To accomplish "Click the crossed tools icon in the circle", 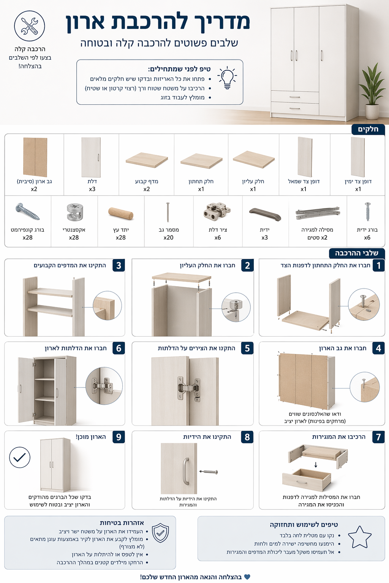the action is click(x=30, y=26).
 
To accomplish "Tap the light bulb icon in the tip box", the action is click(x=227, y=78).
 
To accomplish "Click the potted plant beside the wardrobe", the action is click(x=372, y=91).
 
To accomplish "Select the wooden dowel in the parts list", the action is click(x=121, y=213).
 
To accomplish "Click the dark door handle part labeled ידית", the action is click(x=265, y=214).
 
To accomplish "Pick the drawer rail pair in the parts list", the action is click(x=318, y=213).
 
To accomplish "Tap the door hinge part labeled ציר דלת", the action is click(x=217, y=211).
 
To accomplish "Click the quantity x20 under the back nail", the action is click(x=168, y=237).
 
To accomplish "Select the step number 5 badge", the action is click(x=247, y=348).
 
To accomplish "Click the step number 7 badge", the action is click(x=379, y=437).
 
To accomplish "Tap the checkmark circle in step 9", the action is click(x=20, y=457).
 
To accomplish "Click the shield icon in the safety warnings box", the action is click(x=160, y=533).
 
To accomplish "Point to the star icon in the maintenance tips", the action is click(x=359, y=537).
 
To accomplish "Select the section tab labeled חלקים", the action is click(x=368, y=129).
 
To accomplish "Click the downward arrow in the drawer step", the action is click(x=316, y=465).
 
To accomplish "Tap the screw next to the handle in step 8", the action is click(x=209, y=471).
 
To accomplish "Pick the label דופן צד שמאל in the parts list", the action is click(x=304, y=181).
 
